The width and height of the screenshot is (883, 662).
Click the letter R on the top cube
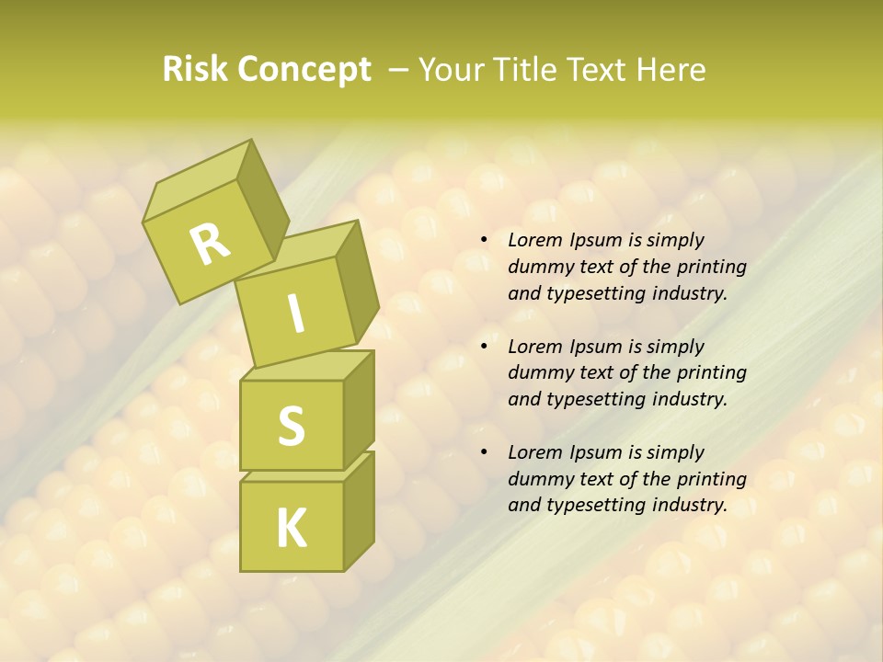point(210,244)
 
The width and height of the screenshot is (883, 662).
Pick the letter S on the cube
point(291,425)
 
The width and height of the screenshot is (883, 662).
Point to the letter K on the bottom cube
point(291,528)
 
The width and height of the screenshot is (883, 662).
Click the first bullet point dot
point(484,241)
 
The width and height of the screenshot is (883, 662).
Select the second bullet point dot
point(484,347)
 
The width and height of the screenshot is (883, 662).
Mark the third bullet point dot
point(484,452)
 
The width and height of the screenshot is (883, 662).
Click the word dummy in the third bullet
point(538,479)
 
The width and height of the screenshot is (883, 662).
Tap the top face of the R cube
point(195,180)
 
